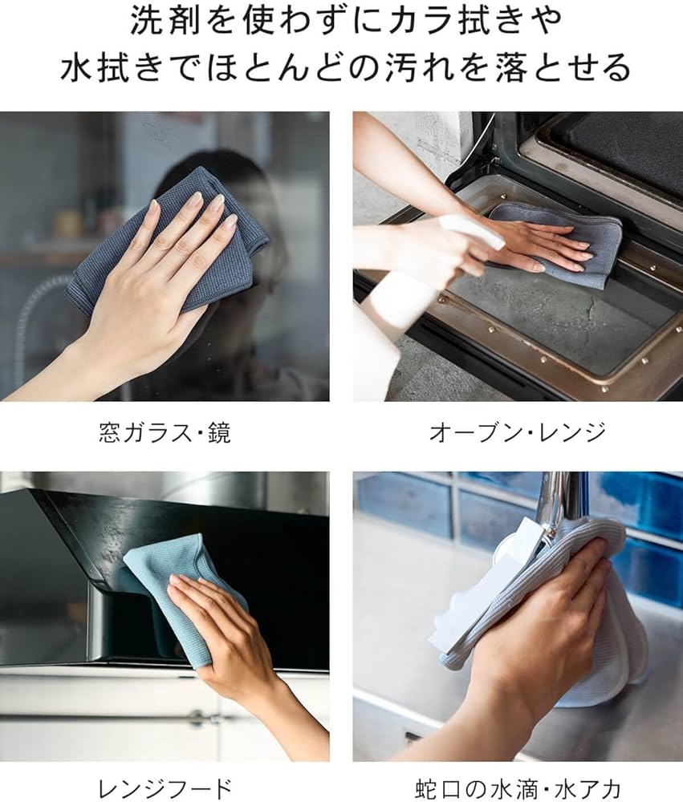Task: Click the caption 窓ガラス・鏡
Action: tap(164, 434)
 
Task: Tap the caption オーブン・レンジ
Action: tap(517, 434)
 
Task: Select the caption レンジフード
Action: tap(165, 788)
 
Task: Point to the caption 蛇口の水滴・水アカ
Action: tap(518, 788)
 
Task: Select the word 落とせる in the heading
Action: tap(570, 68)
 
